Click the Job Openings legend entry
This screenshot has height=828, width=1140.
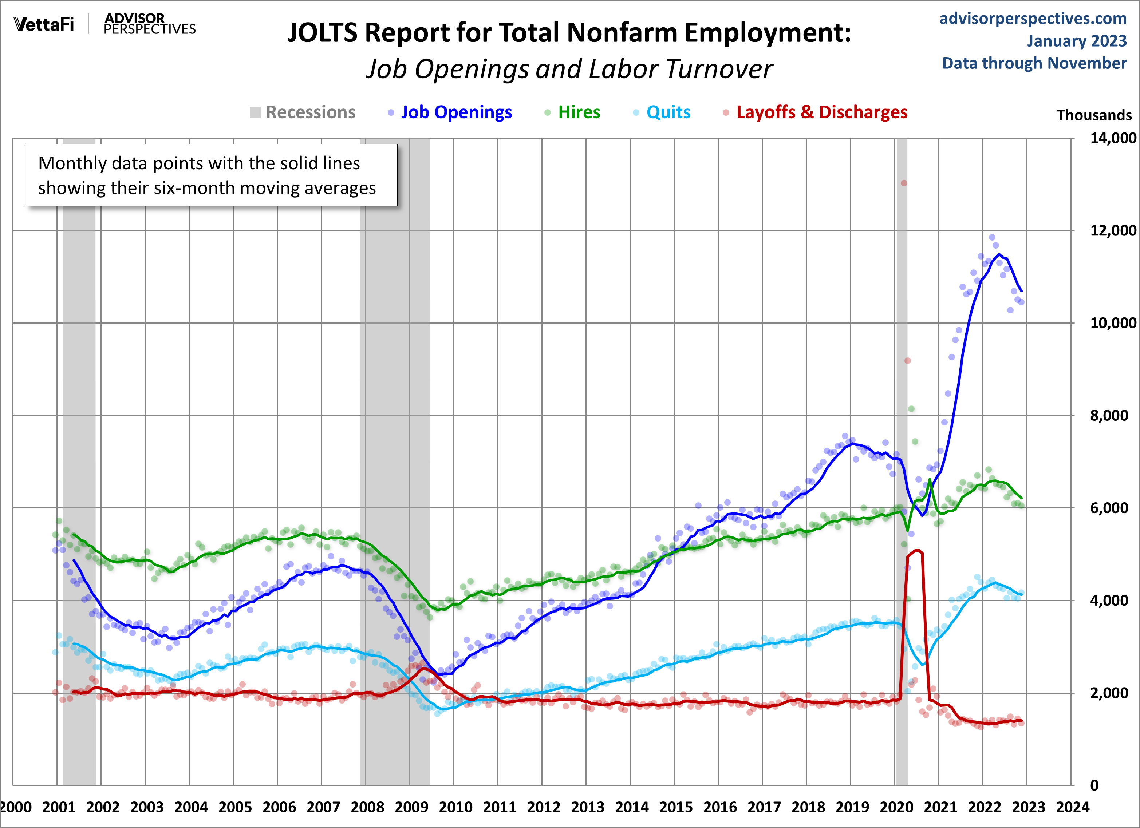[456, 112]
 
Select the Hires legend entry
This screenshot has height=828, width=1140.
[579, 112]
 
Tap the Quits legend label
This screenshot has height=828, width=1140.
[668, 112]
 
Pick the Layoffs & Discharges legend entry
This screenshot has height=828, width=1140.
[821, 112]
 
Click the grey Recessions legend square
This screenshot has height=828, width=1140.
[255, 112]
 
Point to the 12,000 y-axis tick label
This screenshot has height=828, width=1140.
[1112, 231]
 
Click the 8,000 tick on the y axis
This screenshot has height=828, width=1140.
[1108, 416]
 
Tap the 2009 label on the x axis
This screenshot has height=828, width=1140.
[411, 807]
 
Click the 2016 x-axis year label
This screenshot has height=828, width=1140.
[720, 807]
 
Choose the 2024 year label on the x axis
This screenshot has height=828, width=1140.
[1073, 807]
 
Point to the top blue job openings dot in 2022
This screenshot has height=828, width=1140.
[992, 238]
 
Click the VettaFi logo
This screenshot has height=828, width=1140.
[44, 24]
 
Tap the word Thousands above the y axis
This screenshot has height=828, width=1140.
[1094, 115]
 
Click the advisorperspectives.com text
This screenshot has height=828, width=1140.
[1033, 19]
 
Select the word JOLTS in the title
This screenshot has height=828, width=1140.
[322, 33]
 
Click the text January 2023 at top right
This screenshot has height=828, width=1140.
[1077, 41]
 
